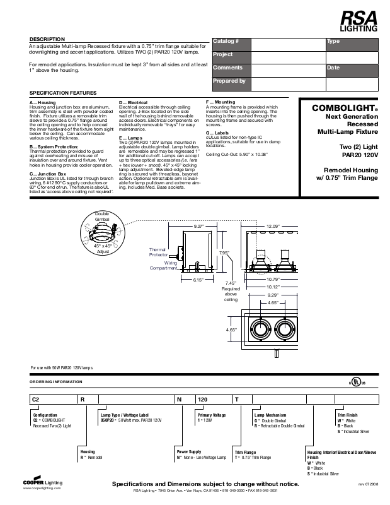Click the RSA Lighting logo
click(x=359, y=21)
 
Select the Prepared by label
click(x=229, y=81)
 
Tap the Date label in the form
click(x=333, y=67)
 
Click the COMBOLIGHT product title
click(x=344, y=108)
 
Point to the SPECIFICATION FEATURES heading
click(x=63, y=93)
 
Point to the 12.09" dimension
click(x=273, y=225)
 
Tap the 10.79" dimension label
click(x=273, y=278)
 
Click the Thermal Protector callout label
click(x=157, y=252)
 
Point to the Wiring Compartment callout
click(x=163, y=265)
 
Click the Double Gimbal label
click(x=102, y=217)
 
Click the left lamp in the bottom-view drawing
click(x=259, y=329)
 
